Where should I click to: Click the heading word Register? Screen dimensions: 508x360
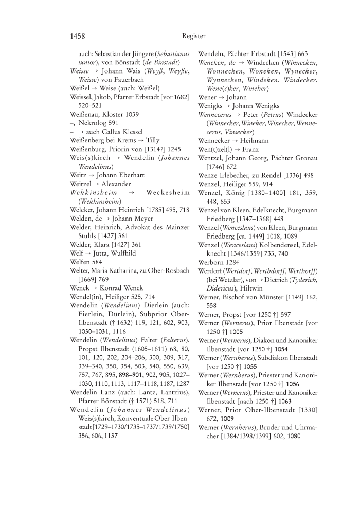tap(193, 36)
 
